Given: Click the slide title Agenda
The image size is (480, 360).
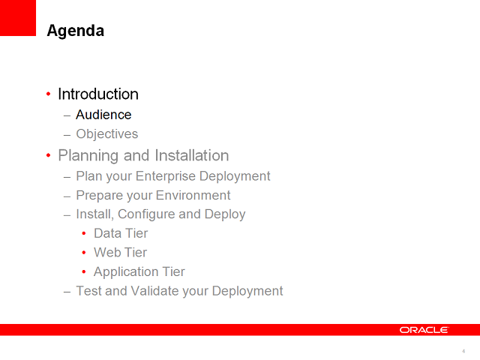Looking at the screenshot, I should pos(75,31).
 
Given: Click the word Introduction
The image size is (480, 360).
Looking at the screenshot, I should pos(98,94).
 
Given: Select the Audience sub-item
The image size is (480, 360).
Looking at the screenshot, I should pos(103,115).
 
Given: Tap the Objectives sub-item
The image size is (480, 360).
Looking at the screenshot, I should pos(106,134).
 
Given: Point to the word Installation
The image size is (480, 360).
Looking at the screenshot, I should pos(191,156).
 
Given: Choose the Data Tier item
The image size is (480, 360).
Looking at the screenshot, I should pos(121,233).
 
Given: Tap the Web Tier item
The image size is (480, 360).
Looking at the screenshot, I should pos(120,253).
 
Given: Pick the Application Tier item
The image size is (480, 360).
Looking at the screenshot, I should pos(139,272).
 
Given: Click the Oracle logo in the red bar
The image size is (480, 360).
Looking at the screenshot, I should pos(424,330).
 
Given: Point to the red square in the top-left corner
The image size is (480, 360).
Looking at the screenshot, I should pos(18,18).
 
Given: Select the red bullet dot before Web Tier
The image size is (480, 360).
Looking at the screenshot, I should pos(84,253).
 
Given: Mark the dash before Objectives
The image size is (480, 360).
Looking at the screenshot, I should pos(67,135).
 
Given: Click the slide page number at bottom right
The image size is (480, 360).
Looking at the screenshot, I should pos(463,351).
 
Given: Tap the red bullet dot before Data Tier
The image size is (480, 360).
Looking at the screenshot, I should pos(84,233).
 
